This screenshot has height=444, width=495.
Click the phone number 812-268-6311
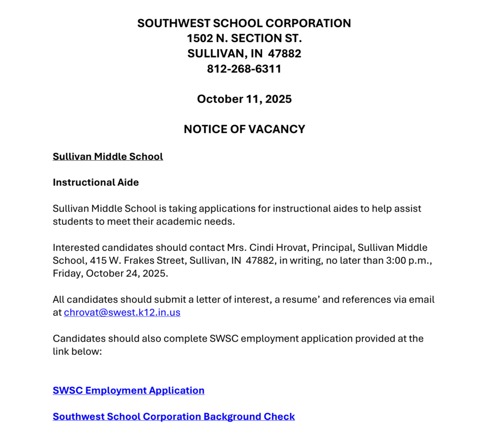(x=244, y=69)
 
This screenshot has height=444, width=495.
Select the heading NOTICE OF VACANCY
(x=244, y=129)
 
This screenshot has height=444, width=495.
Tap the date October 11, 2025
(x=244, y=99)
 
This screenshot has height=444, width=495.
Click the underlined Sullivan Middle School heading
(x=108, y=157)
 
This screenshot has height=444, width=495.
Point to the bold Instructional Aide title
(x=96, y=183)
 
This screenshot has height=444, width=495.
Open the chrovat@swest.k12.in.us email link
(x=122, y=313)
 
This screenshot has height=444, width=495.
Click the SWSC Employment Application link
(x=129, y=390)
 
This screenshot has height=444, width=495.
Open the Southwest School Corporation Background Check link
(x=174, y=416)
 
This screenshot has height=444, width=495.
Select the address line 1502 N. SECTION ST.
(x=244, y=38)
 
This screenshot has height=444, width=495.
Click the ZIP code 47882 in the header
(x=285, y=54)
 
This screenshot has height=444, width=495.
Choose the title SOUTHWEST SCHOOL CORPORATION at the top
(x=244, y=23)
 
